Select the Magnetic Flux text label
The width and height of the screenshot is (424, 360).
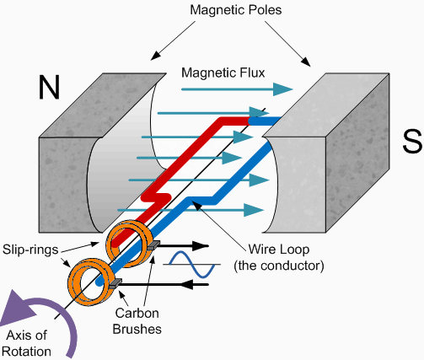(x=219, y=71)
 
